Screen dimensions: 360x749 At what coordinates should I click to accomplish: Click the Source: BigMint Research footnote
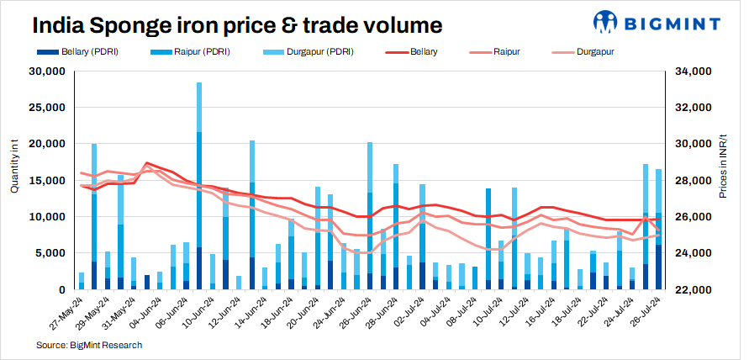coord(89,345)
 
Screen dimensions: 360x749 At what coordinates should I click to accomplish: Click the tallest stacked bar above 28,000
coord(199,185)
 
